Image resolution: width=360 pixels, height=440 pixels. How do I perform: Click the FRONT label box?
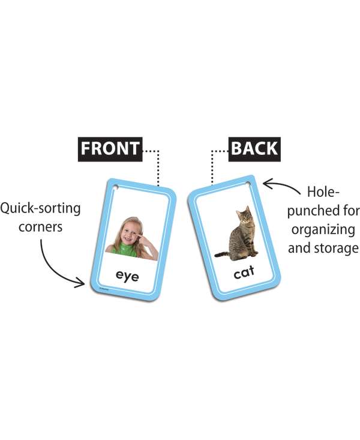(110, 149)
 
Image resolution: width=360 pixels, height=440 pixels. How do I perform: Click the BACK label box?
(254, 149)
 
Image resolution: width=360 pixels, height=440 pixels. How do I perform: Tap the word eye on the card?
(127, 276)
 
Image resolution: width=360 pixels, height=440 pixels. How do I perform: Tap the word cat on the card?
(244, 272)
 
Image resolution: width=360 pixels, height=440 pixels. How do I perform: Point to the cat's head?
(244, 215)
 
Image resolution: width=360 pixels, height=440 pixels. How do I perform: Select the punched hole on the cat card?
(248, 184)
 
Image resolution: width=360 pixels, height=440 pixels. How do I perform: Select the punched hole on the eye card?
(114, 187)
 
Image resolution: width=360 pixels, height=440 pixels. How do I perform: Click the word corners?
(40, 227)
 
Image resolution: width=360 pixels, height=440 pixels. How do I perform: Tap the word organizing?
(323, 230)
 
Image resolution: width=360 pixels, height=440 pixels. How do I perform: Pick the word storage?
(336, 249)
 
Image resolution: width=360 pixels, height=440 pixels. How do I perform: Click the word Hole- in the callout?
(323, 192)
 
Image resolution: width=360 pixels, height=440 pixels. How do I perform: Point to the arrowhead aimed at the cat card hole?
(267, 184)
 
